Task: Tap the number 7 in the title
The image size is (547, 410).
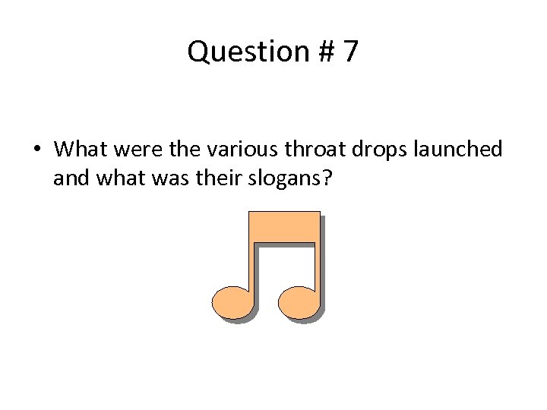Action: [x=350, y=52]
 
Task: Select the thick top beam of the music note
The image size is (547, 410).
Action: [x=282, y=225]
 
